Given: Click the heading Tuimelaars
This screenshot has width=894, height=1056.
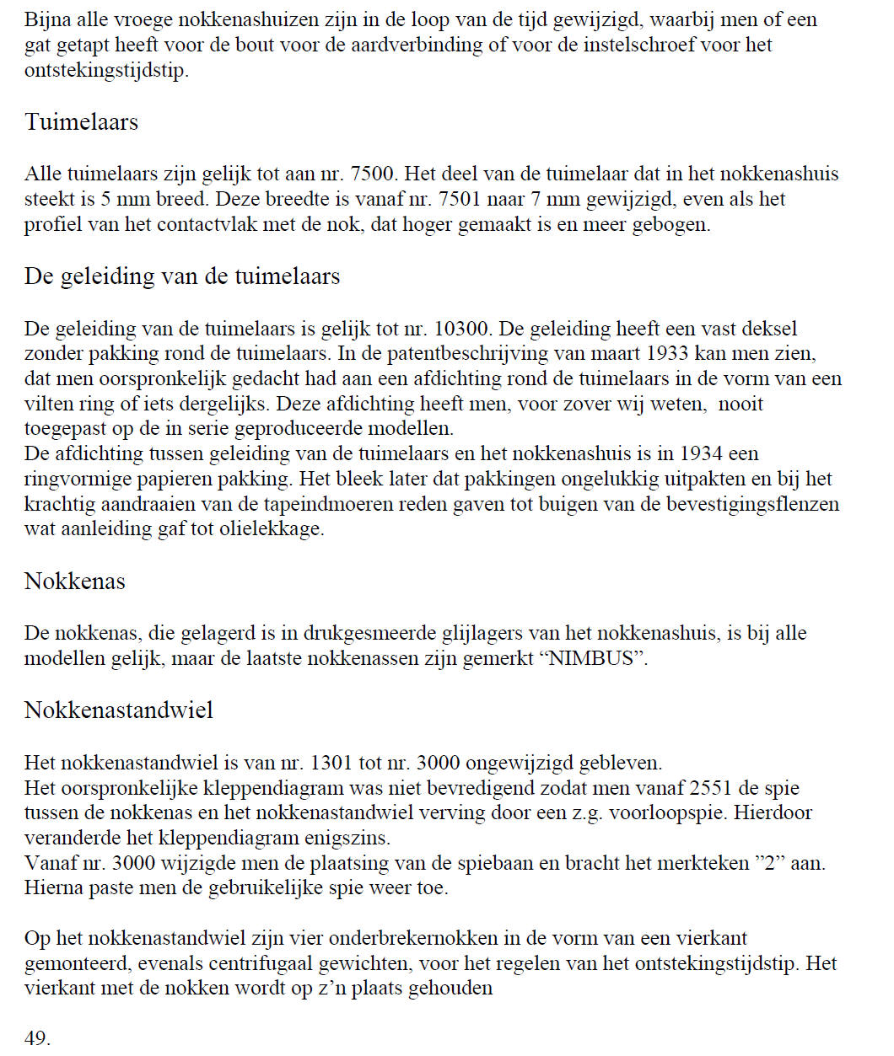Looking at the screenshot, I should click(x=81, y=122).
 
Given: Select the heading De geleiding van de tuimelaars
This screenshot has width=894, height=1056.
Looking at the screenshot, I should click(x=182, y=276).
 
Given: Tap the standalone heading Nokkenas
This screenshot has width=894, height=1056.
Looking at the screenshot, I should click(x=75, y=582).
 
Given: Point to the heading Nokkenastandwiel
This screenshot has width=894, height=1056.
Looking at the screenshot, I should click(x=119, y=710).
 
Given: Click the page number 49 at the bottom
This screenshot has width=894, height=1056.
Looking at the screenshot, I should click(x=36, y=1038).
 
